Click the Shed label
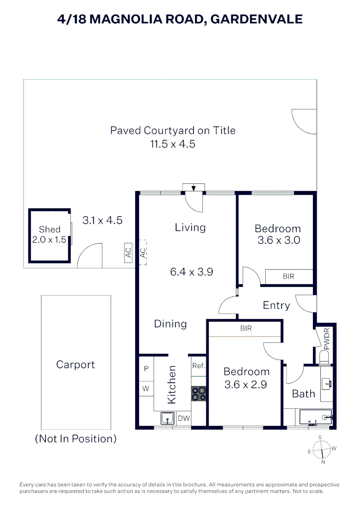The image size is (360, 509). coord(49,229)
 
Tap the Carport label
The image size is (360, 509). coord(75,364)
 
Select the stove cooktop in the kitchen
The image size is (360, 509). coord(198,394)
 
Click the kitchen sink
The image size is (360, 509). coord(167,418)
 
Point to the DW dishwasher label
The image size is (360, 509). coord(184,419)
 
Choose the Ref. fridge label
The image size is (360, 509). coord(199,366)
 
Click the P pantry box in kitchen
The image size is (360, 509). coord(147,369)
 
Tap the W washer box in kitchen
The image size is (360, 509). coord(146,388)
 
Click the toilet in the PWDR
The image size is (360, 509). coord(325,357)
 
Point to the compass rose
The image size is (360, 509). coord(321,450)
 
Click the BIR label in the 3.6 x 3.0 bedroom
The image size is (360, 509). coord(288,277)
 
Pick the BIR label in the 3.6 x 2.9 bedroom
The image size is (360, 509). coord(246,328)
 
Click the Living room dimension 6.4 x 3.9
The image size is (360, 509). coord(191,272)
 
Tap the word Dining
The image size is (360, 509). coord(171,324)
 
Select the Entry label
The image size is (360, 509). coord(276,305)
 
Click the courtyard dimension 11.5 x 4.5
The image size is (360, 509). coord(172,144)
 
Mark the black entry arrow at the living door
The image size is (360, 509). coord(194,188)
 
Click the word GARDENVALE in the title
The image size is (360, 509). coord(256,19)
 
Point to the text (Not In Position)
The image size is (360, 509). coord(76,439)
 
